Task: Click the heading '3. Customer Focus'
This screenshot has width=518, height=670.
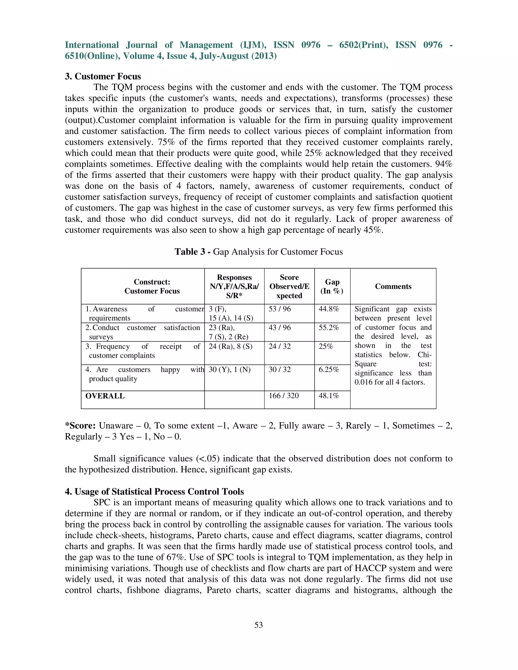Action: [103, 76]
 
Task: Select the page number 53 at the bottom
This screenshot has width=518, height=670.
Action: [258, 625]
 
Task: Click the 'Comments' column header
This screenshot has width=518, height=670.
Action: [393, 286]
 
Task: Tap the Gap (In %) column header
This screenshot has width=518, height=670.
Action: [332, 286]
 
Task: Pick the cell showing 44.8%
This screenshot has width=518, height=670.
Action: [329, 309]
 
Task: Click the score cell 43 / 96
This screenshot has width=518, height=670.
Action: [279, 328]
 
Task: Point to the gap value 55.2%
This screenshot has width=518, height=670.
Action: [329, 328]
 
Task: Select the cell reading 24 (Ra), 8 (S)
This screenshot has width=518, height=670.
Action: [230, 346]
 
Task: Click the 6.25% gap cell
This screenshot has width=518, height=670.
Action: [329, 370]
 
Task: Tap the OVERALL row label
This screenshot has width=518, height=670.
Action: [105, 396]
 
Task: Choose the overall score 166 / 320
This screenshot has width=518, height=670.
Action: [284, 396]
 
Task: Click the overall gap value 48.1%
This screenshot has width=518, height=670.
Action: [329, 396]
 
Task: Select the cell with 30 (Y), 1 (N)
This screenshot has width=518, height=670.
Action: [230, 370]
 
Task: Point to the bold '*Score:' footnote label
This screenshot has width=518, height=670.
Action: [80, 426]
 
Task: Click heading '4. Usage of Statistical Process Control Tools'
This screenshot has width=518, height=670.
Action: [154, 492]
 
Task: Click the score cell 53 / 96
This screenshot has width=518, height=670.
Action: [279, 309]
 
